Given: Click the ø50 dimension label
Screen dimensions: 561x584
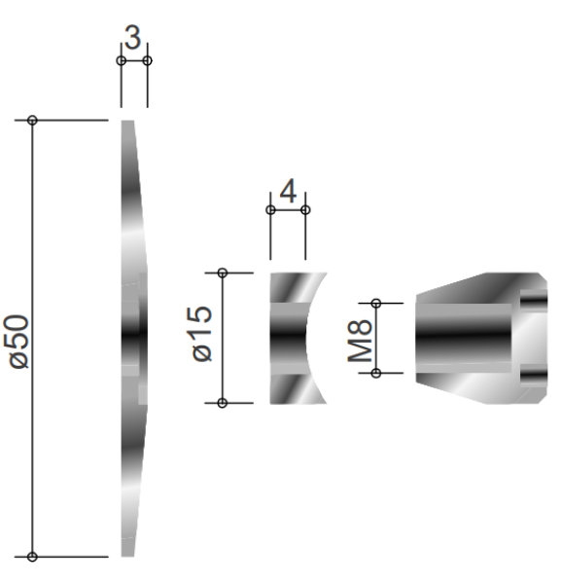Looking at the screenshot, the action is point(19,342).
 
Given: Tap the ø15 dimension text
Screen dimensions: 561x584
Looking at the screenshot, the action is point(203,333).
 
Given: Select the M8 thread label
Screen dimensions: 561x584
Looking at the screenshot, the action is point(360,341).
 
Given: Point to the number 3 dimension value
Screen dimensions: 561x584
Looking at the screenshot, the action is point(133,37).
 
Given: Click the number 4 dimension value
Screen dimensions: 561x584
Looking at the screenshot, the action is point(288,191).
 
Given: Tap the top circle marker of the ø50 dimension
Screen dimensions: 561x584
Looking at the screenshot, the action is point(32,121).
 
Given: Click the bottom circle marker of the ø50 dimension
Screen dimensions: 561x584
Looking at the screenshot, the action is point(32,557).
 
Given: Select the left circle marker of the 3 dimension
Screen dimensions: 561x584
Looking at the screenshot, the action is point(121,60).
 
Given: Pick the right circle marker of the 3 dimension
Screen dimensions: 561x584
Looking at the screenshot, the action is point(148,60).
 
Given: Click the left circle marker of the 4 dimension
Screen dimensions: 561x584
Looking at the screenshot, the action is point(270,210).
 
